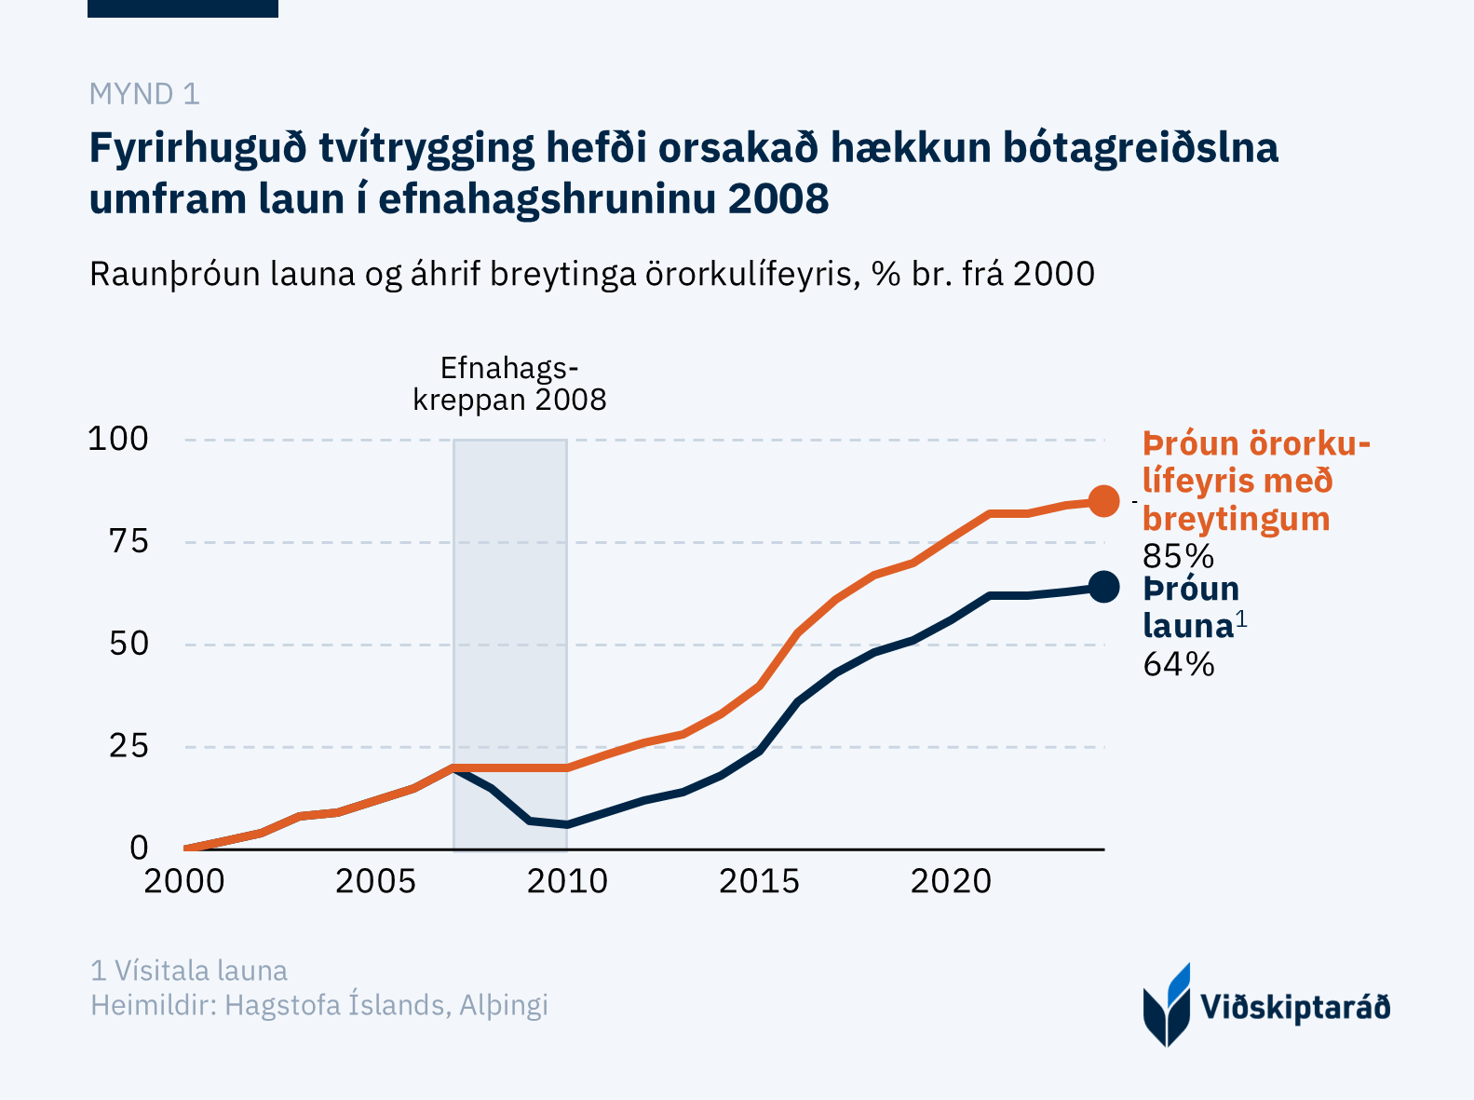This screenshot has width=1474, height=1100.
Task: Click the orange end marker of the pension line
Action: [1103, 501]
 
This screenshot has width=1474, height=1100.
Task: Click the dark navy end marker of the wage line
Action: [1103, 587]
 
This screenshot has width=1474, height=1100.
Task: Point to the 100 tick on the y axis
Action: [117, 439]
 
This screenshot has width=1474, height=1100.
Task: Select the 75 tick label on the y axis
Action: [128, 541]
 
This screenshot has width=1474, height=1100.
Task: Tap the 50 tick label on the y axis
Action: [128, 644]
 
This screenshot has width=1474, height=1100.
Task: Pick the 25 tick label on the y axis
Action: [128, 746]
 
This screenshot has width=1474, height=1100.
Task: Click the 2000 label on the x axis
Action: [184, 881]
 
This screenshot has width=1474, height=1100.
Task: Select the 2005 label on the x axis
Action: [375, 881]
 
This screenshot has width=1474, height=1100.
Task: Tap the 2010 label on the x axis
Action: [567, 881]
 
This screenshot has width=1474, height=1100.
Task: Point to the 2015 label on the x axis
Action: [759, 881]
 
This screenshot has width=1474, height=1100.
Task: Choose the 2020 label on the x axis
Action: [951, 881]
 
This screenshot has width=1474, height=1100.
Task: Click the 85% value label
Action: [1178, 557]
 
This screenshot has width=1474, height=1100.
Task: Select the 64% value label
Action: [1178, 664]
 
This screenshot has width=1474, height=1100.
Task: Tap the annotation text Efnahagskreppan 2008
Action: [509, 384]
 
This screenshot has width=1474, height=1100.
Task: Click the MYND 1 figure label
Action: [144, 94]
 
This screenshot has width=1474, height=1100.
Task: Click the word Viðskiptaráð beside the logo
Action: [1295, 1008]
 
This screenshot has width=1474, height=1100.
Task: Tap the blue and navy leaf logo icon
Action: [1167, 1005]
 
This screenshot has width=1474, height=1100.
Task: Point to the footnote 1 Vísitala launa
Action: [189, 971]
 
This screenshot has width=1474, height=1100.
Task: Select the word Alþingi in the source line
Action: [503, 1006]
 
